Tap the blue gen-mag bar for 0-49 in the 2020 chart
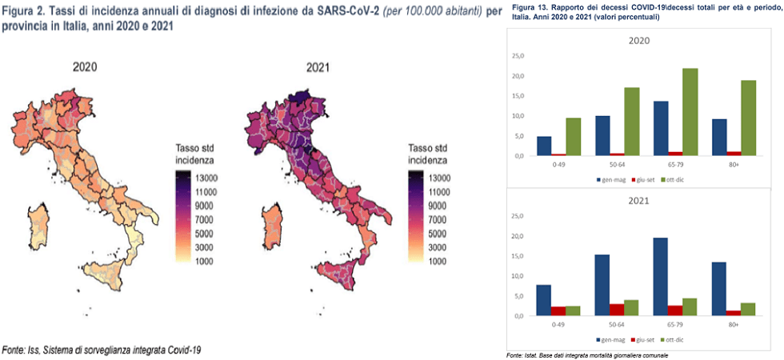pyautogui.click(x=544, y=146)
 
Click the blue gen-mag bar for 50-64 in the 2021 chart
pyautogui.click(x=602, y=285)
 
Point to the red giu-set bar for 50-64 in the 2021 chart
pyautogui.click(x=617, y=310)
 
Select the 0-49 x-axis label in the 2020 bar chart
pyautogui.click(x=558, y=166)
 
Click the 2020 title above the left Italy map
pyautogui.click(x=85, y=67)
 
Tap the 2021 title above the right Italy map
pyautogui.click(x=318, y=67)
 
